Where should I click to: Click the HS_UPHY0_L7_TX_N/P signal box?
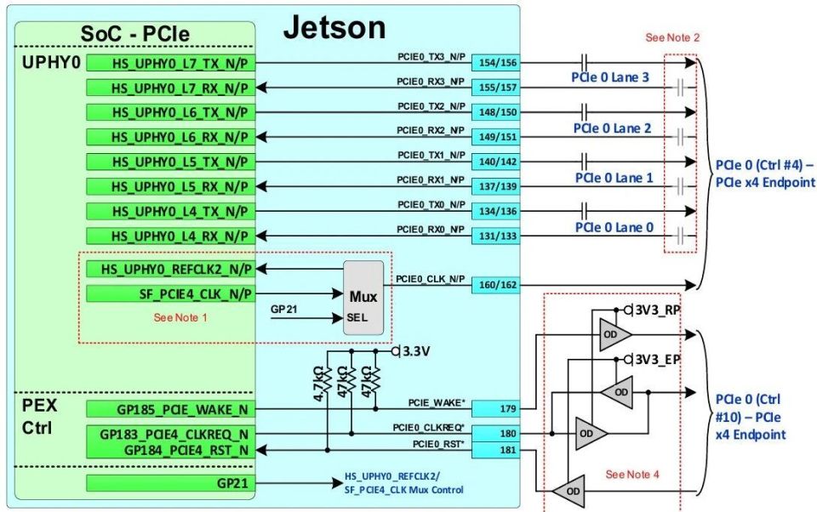click(x=171, y=63)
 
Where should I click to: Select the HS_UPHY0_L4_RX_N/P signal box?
click(x=171, y=236)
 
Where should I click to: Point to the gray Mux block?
click(x=363, y=298)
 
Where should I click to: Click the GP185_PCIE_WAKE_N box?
click(x=171, y=409)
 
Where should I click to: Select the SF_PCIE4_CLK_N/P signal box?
click(x=171, y=293)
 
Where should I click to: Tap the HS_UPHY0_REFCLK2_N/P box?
click(x=171, y=269)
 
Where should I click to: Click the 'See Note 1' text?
click(x=180, y=317)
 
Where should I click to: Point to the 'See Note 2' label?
click(x=672, y=37)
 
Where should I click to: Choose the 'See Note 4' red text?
click(x=632, y=475)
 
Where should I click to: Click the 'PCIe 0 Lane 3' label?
click(x=610, y=77)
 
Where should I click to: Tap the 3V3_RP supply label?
click(x=658, y=310)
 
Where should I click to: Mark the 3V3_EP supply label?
click(x=658, y=360)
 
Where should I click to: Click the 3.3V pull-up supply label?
click(x=416, y=351)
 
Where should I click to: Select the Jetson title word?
click(x=334, y=27)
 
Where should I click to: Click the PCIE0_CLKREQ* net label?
click(x=428, y=428)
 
